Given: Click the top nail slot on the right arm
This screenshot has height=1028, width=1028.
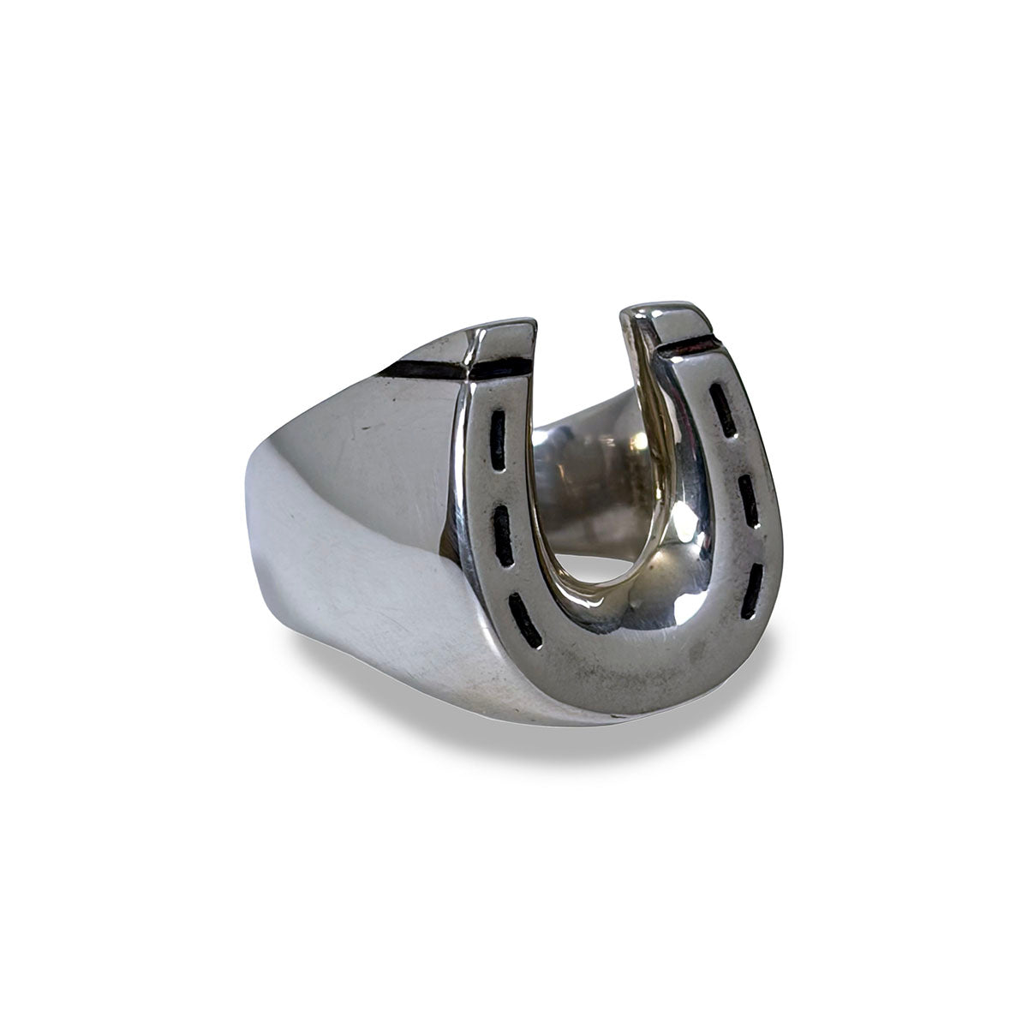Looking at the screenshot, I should tap(723, 408).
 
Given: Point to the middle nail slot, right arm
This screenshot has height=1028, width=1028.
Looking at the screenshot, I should tap(749, 501).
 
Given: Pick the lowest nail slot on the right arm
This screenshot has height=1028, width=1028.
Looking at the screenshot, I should tap(750, 592).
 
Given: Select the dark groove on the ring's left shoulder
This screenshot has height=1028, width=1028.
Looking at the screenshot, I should tap(428, 371).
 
